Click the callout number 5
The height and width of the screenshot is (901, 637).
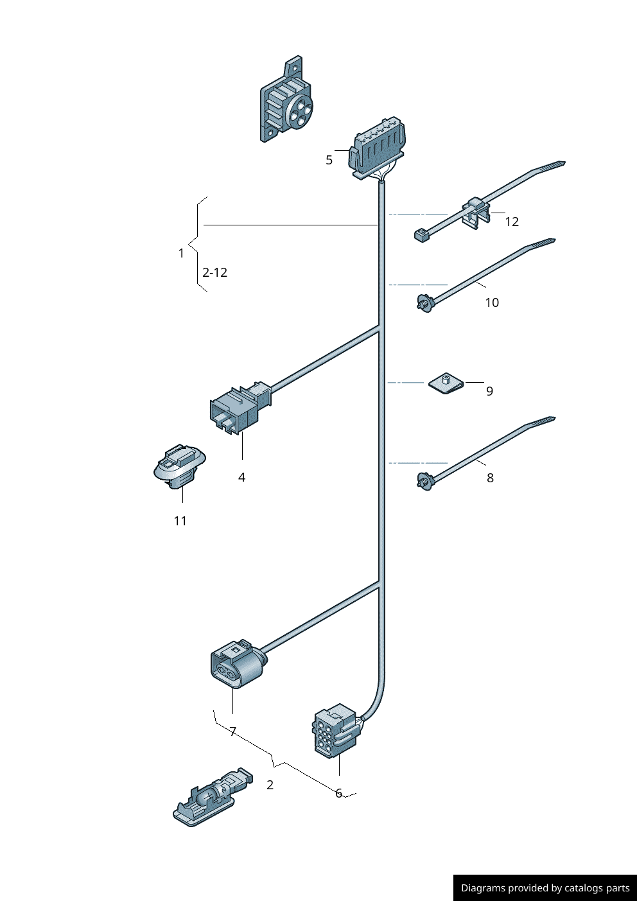click(x=329, y=160)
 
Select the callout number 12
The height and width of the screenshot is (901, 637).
click(x=512, y=222)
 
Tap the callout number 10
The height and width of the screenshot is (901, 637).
click(x=492, y=302)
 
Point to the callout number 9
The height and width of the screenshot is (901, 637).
click(x=489, y=391)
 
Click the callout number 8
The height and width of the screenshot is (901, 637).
click(x=490, y=478)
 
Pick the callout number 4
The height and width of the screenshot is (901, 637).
click(x=241, y=477)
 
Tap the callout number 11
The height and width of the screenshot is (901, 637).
click(x=180, y=521)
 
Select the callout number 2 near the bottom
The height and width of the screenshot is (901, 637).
click(x=270, y=785)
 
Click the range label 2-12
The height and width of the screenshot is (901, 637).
click(x=214, y=272)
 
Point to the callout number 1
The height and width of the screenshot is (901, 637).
click(x=181, y=254)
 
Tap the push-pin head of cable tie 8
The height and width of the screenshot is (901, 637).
click(x=424, y=480)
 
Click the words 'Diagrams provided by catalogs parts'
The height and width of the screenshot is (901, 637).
click(x=545, y=888)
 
